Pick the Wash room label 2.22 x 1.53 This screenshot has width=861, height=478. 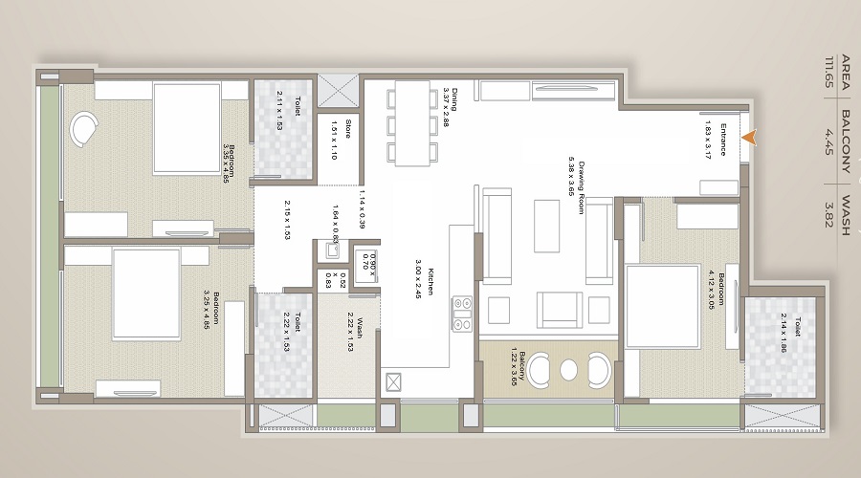355,333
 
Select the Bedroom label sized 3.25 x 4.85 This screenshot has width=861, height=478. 212,308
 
